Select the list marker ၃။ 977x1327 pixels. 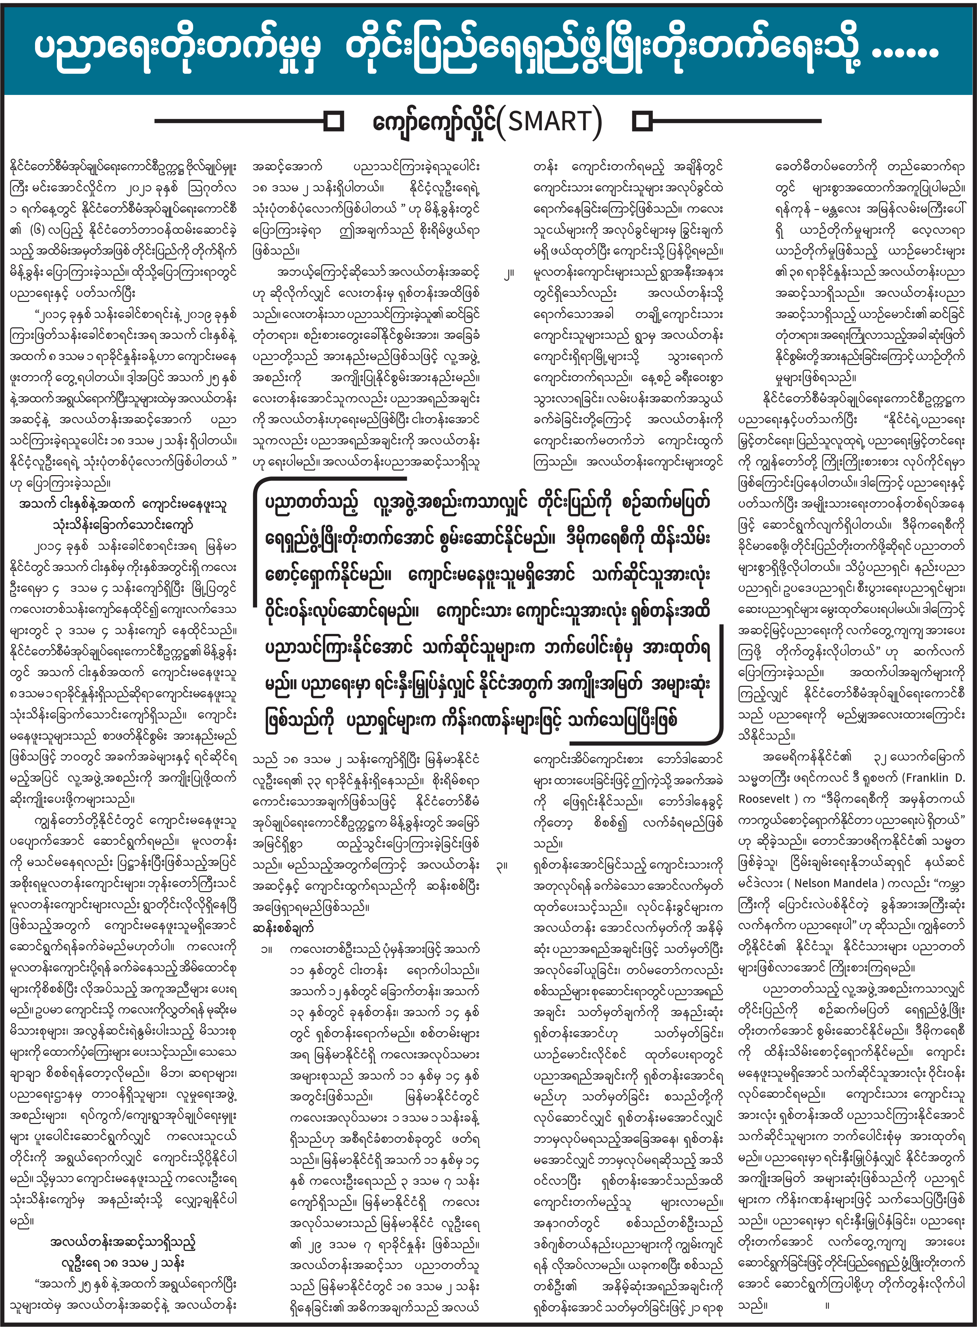[502, 865]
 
